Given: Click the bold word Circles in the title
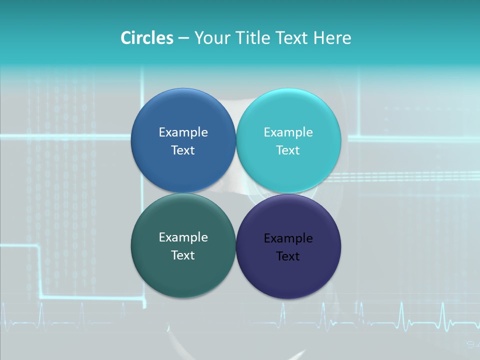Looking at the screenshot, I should (147, 38).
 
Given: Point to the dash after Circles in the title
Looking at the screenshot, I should (183, 38).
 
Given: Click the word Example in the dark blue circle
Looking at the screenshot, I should (183, 132).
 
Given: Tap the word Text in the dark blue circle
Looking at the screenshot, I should (183, 150).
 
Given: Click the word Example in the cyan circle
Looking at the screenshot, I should (288, 132).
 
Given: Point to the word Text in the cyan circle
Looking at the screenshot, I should (288, 150).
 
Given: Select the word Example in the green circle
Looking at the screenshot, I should (183, 237).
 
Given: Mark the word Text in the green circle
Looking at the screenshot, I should (183, 255).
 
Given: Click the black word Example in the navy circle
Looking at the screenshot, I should (288, 238).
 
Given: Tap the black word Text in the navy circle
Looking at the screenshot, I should (288, 256).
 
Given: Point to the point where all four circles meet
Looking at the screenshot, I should (236, 193).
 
